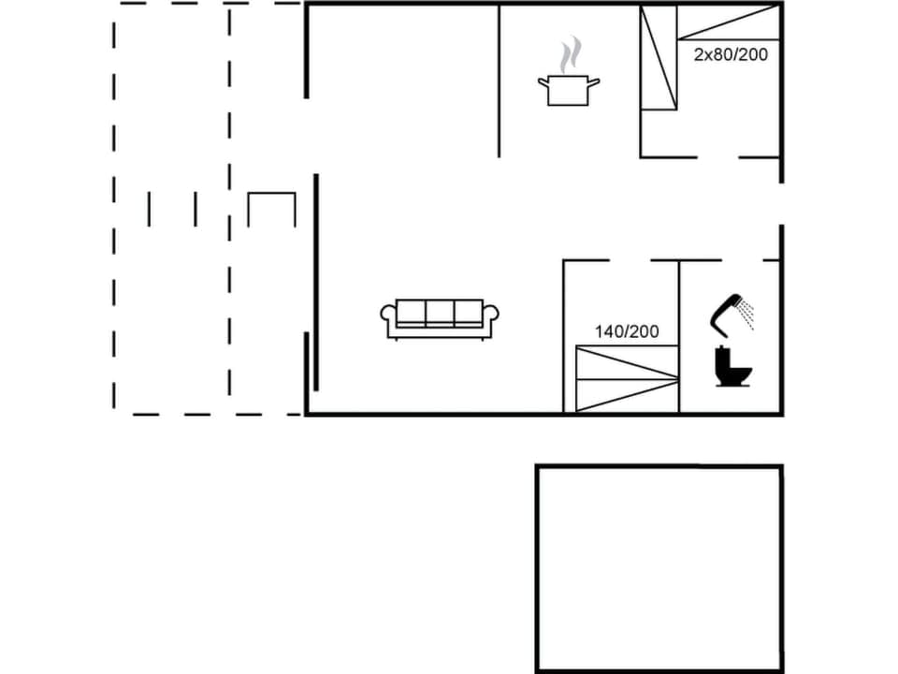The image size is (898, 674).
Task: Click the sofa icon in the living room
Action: [x=440, y=318]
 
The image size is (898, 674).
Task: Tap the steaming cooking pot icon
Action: [x=568, y=90]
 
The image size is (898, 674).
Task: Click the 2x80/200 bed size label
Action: [x=731, y=54]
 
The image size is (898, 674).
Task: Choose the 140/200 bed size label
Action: [x=627, y=331]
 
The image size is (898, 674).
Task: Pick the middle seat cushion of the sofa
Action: [x=440, y=312]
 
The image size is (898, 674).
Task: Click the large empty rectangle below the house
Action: [x=659, y=568]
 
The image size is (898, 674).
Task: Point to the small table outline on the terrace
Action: [x=271, y=208]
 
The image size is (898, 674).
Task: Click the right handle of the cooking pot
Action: [x=593, y=82]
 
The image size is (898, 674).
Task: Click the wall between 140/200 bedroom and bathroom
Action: [x=679, y=337]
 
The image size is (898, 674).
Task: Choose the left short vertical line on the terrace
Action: [x=149, y=209]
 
